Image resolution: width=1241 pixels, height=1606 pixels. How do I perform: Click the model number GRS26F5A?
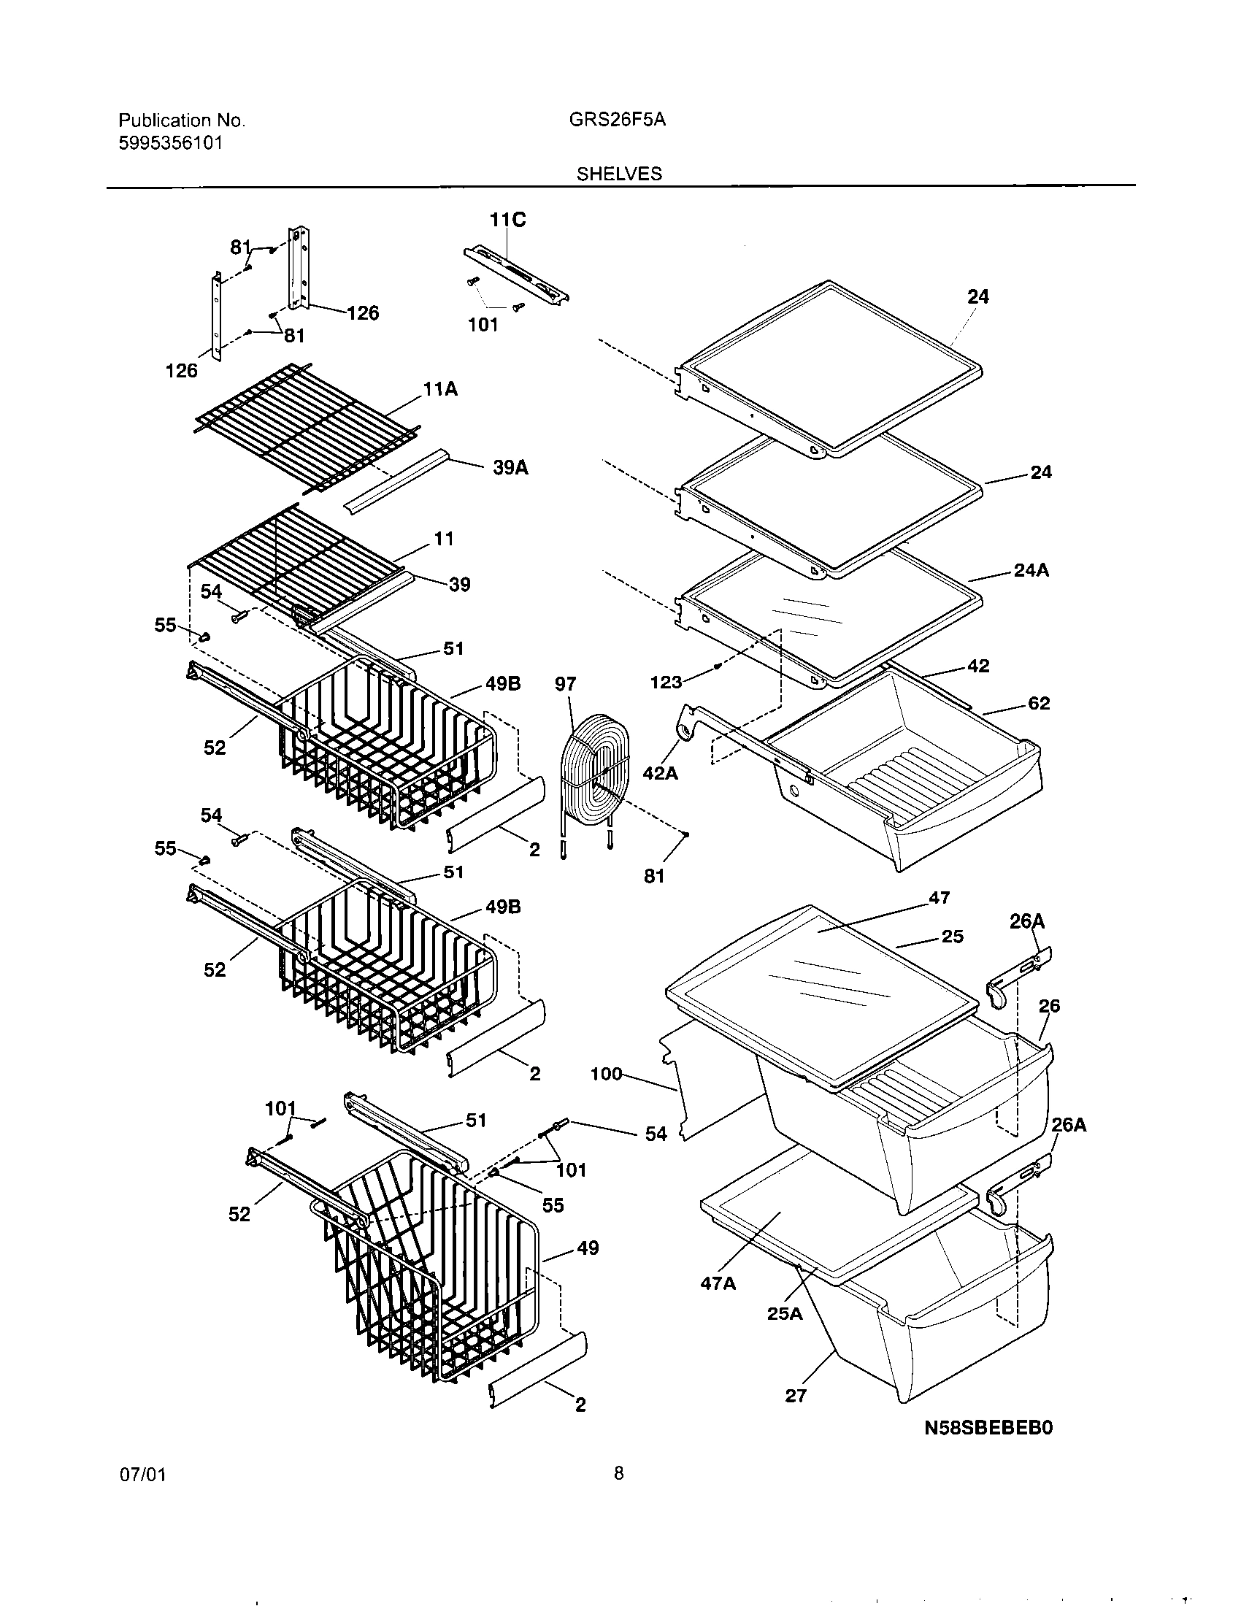(x=618, y=120)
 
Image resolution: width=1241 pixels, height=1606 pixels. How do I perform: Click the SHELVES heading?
(x=619, y=174)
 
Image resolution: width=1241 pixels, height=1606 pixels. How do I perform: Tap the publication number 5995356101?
(x=170, y=142)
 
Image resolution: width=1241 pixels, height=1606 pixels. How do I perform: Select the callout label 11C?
(x=508, y=220)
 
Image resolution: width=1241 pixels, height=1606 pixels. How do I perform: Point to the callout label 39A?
(x=510, y=468)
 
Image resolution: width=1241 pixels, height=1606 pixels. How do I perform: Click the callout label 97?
(x=565, y=685)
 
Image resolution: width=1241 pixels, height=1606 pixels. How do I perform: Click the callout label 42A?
(x=660, y=773)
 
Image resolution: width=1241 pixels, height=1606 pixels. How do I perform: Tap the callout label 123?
(x=666, y=683)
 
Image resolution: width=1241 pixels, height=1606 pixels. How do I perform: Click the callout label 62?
(x=1039, y=704)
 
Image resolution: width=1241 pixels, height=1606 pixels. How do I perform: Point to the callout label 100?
(x=607, y=1075)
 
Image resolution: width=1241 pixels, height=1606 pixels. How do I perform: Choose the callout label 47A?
(x=718, y=1283)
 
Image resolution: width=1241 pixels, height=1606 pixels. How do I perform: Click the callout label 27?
(x=796, y=1396)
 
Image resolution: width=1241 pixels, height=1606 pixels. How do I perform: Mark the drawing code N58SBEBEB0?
(x=988, y=1427)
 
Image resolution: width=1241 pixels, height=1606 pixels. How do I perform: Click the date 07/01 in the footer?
(x=141, y=1496)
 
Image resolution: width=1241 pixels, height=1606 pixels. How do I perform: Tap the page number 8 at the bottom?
(x=618, y=1494)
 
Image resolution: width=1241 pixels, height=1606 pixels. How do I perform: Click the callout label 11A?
(x=440, y=389)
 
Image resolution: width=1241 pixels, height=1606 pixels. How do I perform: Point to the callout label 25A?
(x=785, y=1313)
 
